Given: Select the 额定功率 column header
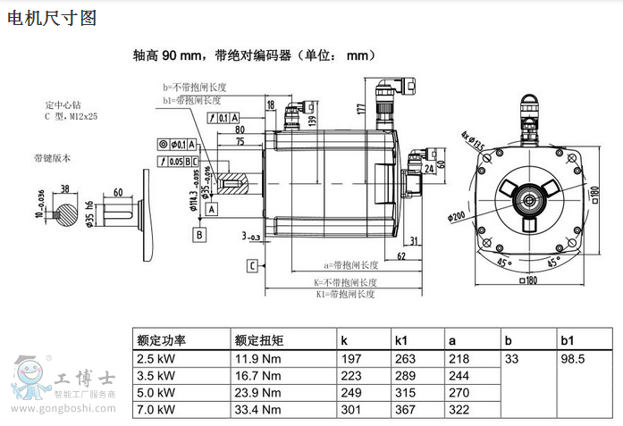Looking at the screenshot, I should click(x=162, y=340).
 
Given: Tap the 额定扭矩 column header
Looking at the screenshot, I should click(x=259, y=340).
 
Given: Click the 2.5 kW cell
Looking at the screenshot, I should click(x=156, y=359).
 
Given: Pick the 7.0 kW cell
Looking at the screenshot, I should click(x=156, y=410).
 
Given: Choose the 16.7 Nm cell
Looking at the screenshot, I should click(x=257, y=376).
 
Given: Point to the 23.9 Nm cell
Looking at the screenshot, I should click(x=257, y=393).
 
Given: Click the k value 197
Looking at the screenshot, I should click(x=351, y=359).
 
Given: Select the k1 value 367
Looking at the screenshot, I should click(x=406, y=410).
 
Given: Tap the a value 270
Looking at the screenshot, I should click(x=459, y=393).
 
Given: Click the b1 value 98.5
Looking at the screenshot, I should click(x=572, y=359).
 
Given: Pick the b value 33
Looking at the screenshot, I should click(x=512, y=359).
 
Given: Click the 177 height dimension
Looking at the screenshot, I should click(x=361, y=109).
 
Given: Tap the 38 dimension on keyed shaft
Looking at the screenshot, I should click(x=65, y=188).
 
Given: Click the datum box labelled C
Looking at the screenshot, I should click(x=254, y=266).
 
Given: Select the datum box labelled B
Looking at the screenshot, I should click(x=200, y=234).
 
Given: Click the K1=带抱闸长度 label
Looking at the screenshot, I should click(x=346, y=293).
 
